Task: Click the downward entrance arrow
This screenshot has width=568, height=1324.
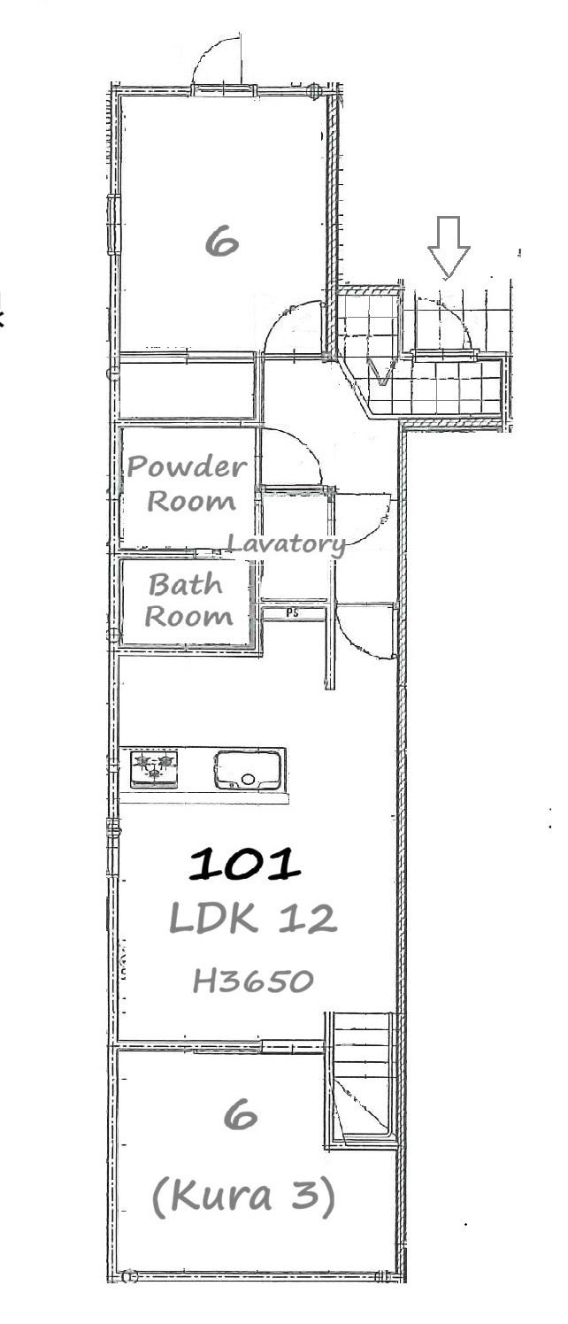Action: pos(449,247)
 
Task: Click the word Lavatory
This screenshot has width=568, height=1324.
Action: pos(287,543)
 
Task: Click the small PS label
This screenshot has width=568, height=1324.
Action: pos(292,613)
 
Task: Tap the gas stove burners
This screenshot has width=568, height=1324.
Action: pos(154,768)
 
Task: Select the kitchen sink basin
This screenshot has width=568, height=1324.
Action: pos(247,769)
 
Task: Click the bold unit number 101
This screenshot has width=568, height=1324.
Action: pos(244,864)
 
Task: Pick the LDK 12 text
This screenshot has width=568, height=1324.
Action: pos(253,920)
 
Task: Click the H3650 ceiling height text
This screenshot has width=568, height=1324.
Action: pos(253,981)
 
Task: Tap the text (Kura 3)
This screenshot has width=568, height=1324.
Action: pos(243,1196)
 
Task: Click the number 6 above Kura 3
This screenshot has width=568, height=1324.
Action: pos(241,1116)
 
